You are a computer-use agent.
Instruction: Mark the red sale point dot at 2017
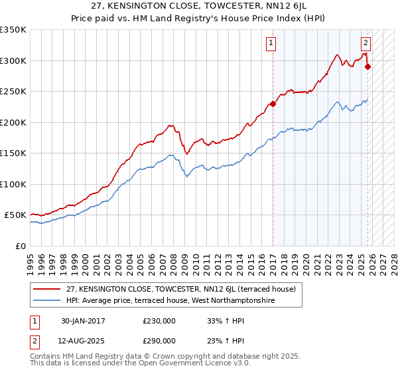[273, 104]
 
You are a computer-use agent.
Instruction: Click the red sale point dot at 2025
[367, 66]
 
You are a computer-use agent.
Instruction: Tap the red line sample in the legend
[47, 288]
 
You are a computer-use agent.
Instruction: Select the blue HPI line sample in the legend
[47, 300]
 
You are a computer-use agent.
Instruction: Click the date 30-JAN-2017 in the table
[83, 321]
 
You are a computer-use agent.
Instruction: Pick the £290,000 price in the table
[159, 340]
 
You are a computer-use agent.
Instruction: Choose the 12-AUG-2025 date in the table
[84, 340]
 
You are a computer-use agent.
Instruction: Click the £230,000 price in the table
[159, 321]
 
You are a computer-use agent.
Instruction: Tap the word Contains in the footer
[47, 357]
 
